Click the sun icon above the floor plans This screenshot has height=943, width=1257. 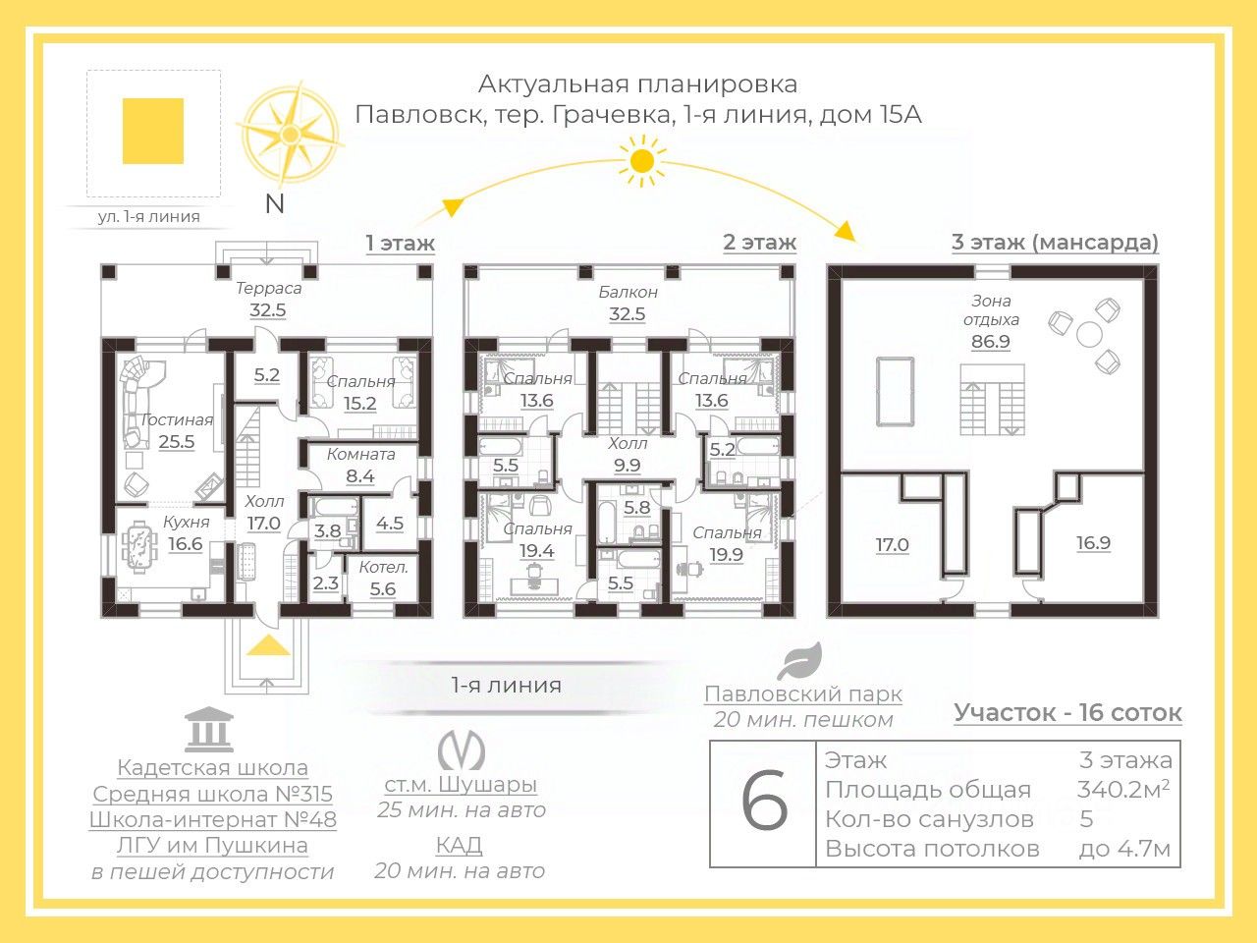(x=641, y=160)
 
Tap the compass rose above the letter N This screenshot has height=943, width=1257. (x=290, y=135)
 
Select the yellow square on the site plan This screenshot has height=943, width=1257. (x=153, y=131)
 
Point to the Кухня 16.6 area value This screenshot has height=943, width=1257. (x=185, y=544)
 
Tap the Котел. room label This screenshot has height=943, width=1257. (x=383, y=567)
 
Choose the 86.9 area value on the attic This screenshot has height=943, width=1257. (x=991, y=342)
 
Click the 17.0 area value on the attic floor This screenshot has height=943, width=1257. (x=892, y=544)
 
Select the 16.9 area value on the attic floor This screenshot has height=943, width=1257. (x=1093, y=543)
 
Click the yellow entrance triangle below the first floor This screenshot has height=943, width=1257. (x=267, y=644)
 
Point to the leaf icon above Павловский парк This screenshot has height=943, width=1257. (x=799, y=663)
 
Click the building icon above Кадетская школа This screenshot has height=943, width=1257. (x=209, y=729)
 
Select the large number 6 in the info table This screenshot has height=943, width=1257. (x=763, y=804)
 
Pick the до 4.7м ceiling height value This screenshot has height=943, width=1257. (x=1124, y=849)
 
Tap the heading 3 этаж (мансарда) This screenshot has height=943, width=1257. (x=1055, y=242)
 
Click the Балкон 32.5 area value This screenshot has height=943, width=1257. (x=627, y=314)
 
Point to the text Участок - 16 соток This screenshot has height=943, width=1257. (x=1067, y=713)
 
